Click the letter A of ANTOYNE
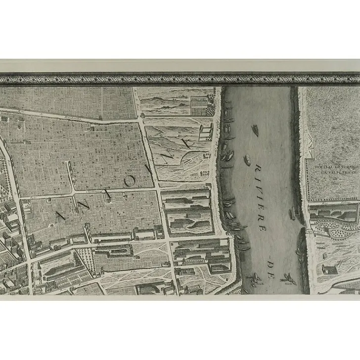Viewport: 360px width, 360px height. (61, 215)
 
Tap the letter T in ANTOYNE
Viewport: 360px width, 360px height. (107, 194)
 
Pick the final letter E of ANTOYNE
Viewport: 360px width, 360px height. (186, 142)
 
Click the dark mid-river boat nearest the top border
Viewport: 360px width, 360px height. (256, 131)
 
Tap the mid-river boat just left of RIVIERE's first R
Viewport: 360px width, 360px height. (247, 160)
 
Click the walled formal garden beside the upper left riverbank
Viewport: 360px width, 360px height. (200, 105)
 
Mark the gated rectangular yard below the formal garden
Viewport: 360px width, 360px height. (205, 132)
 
